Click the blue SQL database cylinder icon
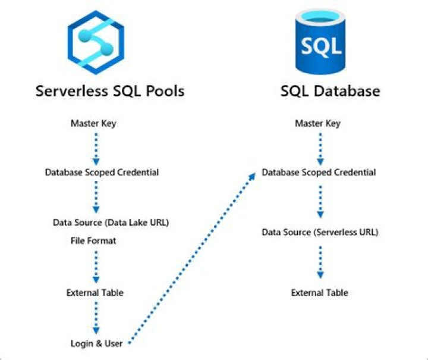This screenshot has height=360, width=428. pos(320,42)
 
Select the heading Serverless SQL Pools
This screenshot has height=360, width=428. pos(110,91)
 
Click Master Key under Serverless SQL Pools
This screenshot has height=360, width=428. pos(93,124)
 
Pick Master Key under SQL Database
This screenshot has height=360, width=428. pos(318,124)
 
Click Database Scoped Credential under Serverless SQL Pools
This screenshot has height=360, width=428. pos(102,173)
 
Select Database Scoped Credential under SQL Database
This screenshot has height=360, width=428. pos(319,173)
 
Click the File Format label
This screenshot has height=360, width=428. pos(93,241)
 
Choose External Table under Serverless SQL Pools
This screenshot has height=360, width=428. pos(95,293)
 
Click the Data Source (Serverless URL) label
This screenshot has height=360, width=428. pos(320,232)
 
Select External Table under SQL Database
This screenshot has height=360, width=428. pos(319,293)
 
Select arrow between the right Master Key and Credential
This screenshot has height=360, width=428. pos(320,148)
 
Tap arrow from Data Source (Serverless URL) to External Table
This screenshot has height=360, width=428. pos(320,262)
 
